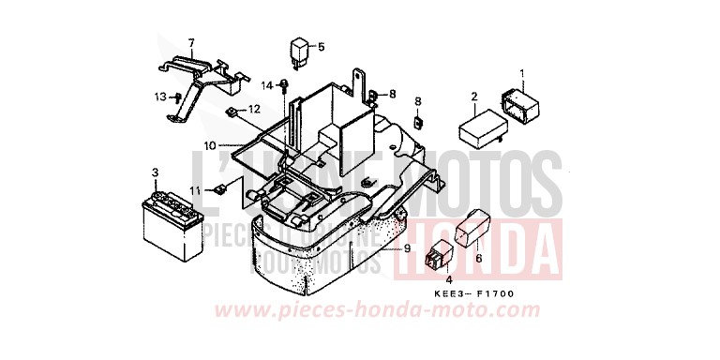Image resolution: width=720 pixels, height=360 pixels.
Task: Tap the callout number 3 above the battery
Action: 155,173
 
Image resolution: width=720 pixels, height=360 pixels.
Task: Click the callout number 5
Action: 321,47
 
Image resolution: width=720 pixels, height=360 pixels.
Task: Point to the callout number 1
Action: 523,74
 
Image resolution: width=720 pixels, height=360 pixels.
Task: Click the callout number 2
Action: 474,97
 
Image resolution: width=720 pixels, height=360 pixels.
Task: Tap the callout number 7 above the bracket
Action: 190,43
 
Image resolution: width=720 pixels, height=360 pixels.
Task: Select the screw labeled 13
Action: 176,97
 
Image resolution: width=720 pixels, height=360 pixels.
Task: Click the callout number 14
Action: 266,86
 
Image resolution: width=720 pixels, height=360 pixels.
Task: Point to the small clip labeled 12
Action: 232,113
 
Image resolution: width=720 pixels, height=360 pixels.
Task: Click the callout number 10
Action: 209,145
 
